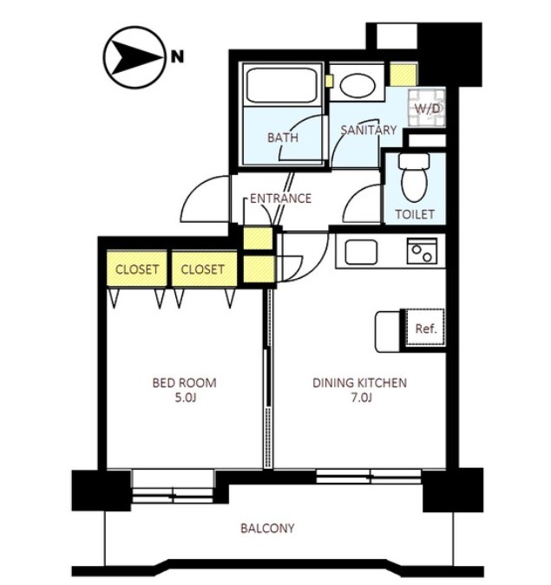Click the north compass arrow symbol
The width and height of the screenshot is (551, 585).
(134, 57)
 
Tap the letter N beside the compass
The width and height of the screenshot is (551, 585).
(177, 57)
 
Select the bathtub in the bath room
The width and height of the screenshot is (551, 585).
(282, 85)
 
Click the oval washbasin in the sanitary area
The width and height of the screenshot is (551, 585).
(357, 85)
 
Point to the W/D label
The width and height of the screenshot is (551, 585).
(427, 108)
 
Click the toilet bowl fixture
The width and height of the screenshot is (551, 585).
(414, 178)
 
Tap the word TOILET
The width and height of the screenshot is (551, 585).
(415, 215)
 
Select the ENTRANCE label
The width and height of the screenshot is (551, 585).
(280, 198)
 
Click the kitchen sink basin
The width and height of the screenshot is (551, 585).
(361, 252)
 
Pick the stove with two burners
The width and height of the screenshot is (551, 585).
(422, 251)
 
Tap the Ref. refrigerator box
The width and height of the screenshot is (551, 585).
(425, 328)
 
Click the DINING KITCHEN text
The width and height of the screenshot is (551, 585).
(359, 383)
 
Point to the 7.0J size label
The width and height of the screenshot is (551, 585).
(361, 399)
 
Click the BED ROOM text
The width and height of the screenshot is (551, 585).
(184, 383)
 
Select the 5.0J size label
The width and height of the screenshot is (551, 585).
(186, 399)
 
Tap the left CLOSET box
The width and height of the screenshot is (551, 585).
(137, 269)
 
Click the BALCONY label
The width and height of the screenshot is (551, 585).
(267, 529)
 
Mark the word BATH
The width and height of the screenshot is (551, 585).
(283, 138)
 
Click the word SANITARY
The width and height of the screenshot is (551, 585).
(368, 130)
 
